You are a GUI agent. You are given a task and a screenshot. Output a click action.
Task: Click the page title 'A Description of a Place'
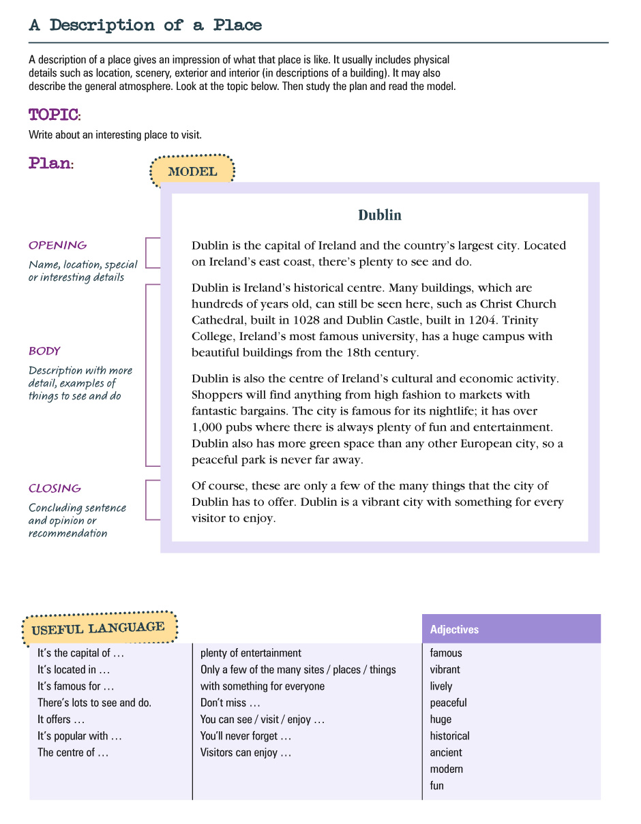tap(145, 25)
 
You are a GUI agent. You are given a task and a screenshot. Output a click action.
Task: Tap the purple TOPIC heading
tap(54, 114)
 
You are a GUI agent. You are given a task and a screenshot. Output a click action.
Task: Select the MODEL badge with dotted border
tap(192, 172)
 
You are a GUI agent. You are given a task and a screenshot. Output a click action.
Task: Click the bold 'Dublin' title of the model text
tap(380, 215)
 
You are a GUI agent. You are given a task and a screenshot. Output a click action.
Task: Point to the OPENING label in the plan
tap(57, 245)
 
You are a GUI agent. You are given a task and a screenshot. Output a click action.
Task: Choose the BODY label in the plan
tap(44, 351)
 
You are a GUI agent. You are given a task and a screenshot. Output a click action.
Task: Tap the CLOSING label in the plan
tap(55, 489)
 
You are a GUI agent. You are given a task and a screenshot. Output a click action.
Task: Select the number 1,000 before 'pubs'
tap(207, 427)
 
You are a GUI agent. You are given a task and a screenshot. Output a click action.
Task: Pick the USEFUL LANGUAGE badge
tap(98, 628)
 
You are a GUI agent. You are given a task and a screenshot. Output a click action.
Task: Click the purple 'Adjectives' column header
tap(454, 630)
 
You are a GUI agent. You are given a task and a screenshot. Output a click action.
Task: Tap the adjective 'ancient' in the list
tap(446, 752)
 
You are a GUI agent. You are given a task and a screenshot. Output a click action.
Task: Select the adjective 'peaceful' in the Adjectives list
tap(448, 703)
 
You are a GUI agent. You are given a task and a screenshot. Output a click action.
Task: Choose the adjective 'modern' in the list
tap(446, 769)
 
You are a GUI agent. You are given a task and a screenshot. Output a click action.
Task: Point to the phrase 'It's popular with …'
tap(80, 736)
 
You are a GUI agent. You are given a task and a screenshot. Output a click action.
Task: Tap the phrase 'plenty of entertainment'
tap(251, 653)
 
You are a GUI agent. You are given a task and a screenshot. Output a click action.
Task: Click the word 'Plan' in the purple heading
tap(49, 164)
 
